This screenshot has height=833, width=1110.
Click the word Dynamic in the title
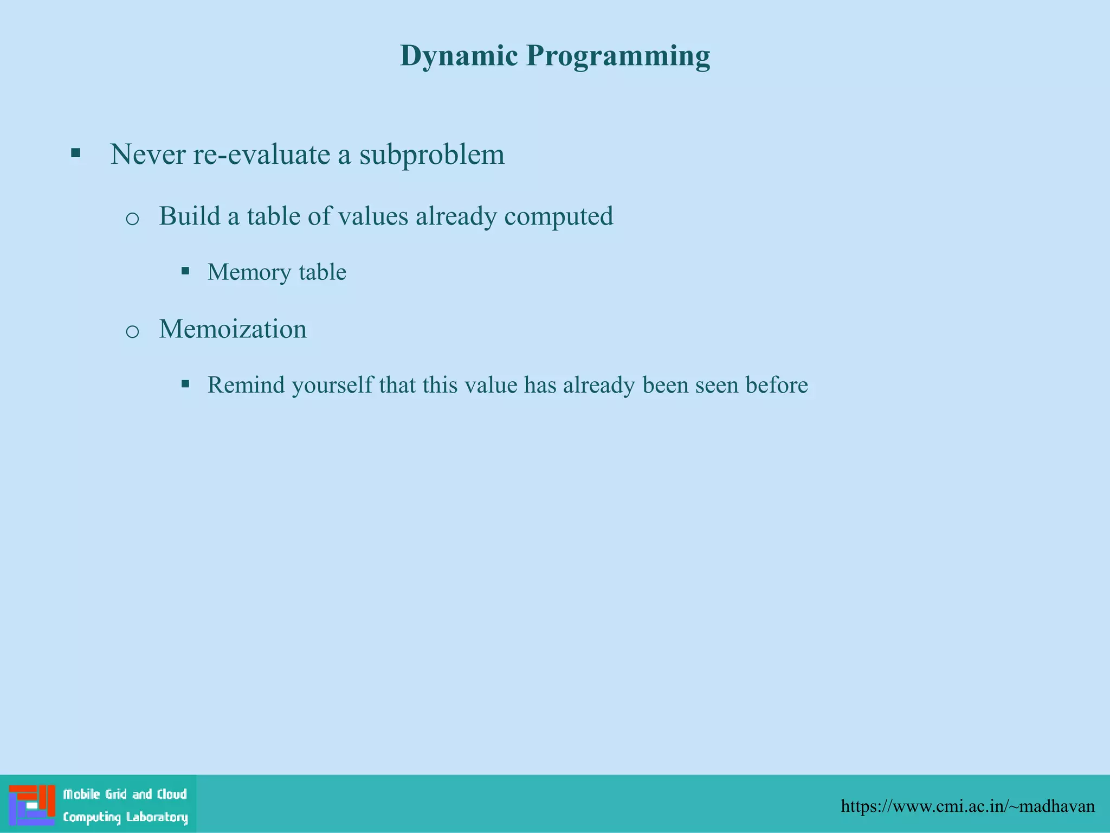point(459,56)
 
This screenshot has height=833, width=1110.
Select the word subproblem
point(432,155)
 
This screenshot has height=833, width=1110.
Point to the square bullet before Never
point(76,153)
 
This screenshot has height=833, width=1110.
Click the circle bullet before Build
point(132,219)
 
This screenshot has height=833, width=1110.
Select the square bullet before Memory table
point(185,271)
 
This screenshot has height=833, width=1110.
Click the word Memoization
point(233,329)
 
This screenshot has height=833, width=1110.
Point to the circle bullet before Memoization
point(132,331)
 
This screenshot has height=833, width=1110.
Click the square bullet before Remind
point(185,384)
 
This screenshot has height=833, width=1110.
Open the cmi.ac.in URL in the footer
point(967,806)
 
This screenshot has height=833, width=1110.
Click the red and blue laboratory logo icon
point(31,805)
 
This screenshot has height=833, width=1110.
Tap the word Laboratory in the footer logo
point(157,817)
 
